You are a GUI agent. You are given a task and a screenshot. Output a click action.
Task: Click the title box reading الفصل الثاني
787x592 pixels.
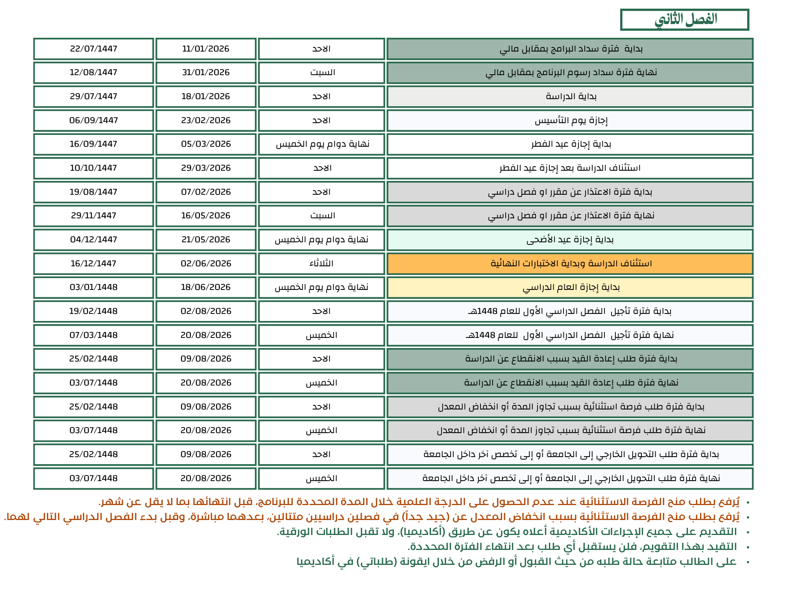point(685,20)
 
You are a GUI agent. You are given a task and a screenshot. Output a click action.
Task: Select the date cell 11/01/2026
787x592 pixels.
point(206,49)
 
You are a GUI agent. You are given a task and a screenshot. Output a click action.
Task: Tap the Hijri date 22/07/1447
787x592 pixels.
point(94,49)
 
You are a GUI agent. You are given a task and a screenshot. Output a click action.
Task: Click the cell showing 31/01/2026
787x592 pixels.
point(206,73)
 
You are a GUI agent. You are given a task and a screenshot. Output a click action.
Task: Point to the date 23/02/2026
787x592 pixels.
point(206,120)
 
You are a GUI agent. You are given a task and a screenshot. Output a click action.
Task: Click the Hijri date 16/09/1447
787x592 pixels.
point(94,144)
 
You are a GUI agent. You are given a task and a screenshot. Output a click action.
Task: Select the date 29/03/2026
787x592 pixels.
point(206,168)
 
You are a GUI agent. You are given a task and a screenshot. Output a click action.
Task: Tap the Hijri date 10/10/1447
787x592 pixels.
point(94,168)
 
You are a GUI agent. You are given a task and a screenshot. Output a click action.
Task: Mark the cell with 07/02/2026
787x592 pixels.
point(206,192)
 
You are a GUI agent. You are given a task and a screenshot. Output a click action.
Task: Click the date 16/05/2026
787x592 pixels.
point(206,216)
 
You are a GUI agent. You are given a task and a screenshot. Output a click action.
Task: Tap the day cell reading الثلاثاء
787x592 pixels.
point(321,264)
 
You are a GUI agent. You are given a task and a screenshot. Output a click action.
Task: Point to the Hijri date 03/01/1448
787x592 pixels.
point(94,288)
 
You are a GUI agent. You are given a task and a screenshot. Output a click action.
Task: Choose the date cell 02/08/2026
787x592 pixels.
point(206,312)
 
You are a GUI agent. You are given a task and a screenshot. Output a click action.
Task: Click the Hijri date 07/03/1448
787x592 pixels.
point(94,335)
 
